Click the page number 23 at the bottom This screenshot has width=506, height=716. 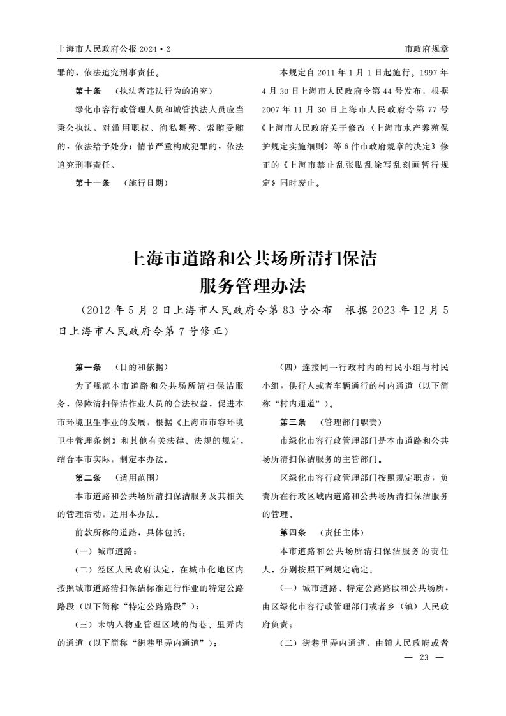(424, 658)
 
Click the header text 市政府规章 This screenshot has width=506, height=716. (427, 48)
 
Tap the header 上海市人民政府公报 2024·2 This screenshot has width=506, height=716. (114, 48)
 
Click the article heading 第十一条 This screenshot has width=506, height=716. (92, 183)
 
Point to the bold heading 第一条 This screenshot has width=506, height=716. (88, 367)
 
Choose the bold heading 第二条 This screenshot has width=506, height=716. (88, 477)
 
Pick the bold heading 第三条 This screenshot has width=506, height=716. (293, 422)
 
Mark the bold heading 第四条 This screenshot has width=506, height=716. (293, 532)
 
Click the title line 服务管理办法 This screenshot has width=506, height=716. (253, 285)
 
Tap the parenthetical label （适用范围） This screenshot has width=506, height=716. (136, 477)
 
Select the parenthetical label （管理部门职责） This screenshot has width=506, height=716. (349, 422)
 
